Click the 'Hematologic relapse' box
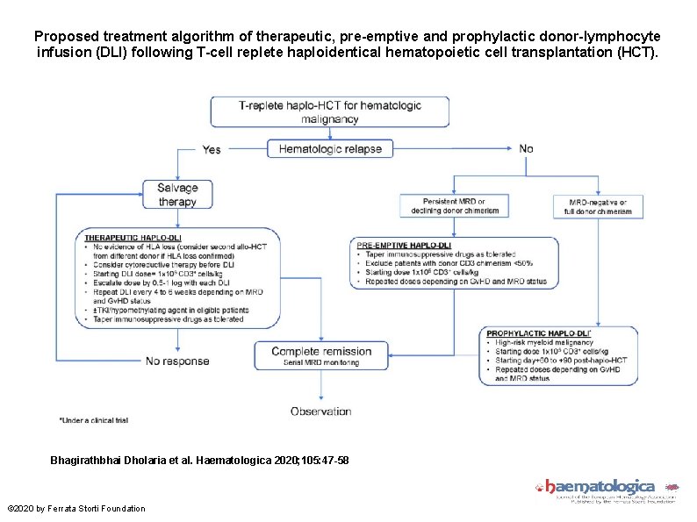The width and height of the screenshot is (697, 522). tap(330, 149)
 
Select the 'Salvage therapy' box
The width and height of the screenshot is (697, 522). tap(178, 195)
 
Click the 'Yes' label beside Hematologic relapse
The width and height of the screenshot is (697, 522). tap(212, 150)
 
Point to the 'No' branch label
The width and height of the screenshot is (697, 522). tap(526, 149)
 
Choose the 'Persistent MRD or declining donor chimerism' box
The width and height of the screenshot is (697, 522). tap(453, 206)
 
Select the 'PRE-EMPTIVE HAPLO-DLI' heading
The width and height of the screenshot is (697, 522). tap(405, 245)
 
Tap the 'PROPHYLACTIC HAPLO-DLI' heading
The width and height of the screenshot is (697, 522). tap(538, 333)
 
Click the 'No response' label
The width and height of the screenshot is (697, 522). tap(177, 361)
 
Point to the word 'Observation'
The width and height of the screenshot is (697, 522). tap(320, 411)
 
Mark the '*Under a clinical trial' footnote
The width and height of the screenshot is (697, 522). tap(94, 420)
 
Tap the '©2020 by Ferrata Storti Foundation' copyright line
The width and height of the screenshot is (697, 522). tap(76, 509)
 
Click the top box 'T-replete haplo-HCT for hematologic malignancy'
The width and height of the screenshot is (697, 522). tap(329, 111)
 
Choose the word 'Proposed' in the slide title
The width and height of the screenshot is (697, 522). tap(62, 38)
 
